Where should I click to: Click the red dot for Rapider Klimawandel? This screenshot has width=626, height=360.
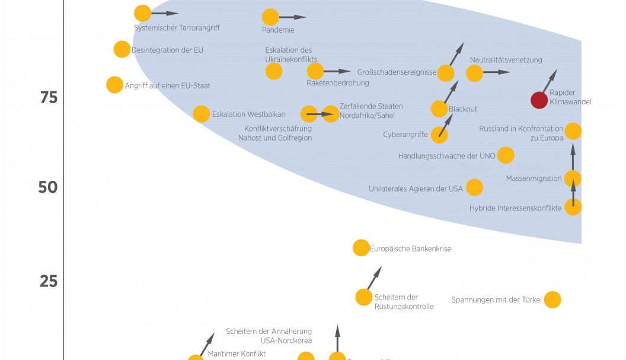[539, 100]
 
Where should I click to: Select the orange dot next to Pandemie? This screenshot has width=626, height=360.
[270, 17]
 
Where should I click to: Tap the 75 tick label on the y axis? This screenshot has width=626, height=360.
[49, 97]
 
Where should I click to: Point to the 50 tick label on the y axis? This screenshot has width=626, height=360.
[48, 187]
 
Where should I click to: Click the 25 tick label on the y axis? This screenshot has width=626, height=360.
[49, 281]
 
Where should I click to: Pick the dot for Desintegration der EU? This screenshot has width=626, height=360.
[122, 49]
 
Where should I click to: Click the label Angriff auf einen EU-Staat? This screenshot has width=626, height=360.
[167, 85]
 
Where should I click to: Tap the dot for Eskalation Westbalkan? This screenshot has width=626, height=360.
[202, 114]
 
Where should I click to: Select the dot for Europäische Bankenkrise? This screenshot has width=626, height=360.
[361, 248]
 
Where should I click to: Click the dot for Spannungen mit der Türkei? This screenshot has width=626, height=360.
[552, 300]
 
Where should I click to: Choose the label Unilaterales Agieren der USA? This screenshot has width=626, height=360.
[416, 189]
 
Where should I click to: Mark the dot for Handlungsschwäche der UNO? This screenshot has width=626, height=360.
[506, 155]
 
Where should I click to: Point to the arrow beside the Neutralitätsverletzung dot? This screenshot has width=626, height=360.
[496, 72]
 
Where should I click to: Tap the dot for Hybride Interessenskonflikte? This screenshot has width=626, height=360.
[573, 207]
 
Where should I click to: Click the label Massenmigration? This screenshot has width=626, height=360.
[534, 178]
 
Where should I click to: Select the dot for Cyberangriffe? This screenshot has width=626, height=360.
[439, 135]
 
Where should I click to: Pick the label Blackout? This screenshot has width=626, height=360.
[463, 109]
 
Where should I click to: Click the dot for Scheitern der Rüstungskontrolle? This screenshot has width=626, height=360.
[363, 297]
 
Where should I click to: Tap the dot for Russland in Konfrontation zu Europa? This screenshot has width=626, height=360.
[573, 131]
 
